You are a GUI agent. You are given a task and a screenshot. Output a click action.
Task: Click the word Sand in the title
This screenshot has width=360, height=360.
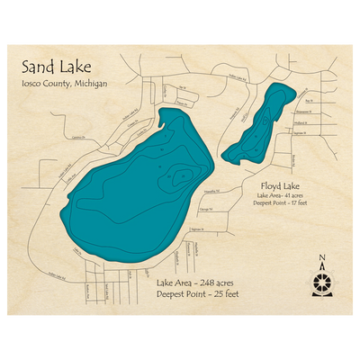[36, 67]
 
